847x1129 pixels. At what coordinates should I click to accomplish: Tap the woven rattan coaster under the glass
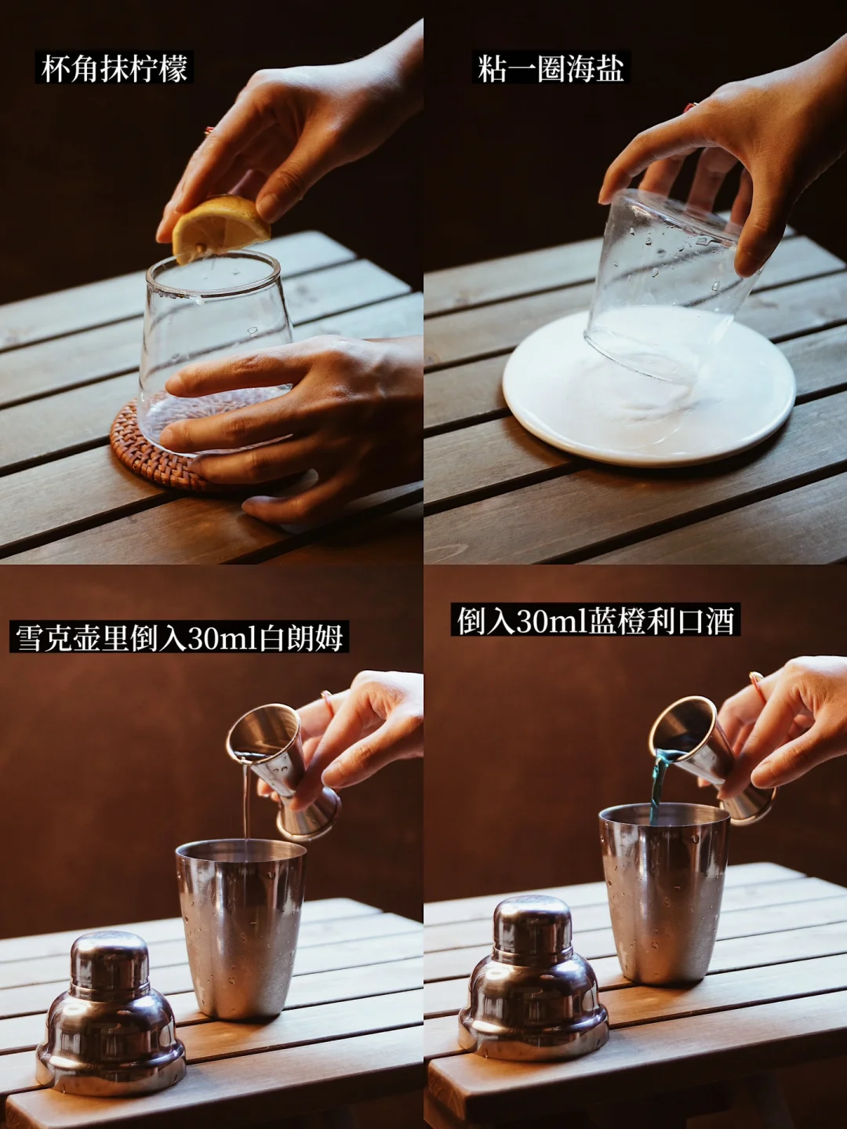[x=154, y=448]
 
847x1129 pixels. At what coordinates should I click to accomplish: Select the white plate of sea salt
[x=649, y=387]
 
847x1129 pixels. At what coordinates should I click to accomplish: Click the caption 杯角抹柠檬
[x=115, y=69]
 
